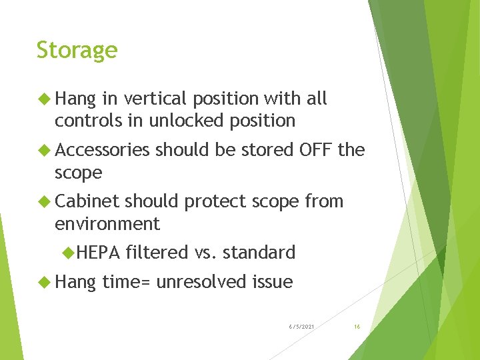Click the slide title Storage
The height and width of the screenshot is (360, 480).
coord(77,51)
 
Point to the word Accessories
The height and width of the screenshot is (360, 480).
coord(102,151)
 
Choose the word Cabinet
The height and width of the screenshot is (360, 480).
coord(87,201)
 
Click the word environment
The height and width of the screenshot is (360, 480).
coord(107,223)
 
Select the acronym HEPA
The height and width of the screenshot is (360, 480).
coord(98,253)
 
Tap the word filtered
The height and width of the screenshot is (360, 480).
coord(157,253)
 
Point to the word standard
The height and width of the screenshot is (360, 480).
coord(259,253)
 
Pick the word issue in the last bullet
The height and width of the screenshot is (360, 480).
coord(272,282)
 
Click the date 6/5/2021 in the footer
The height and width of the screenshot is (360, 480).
coord(302,327)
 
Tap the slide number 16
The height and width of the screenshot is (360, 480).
coord(357,327)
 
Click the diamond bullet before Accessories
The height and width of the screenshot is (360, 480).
coord(45,151)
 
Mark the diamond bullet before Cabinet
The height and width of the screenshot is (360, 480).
coord(45,201)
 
